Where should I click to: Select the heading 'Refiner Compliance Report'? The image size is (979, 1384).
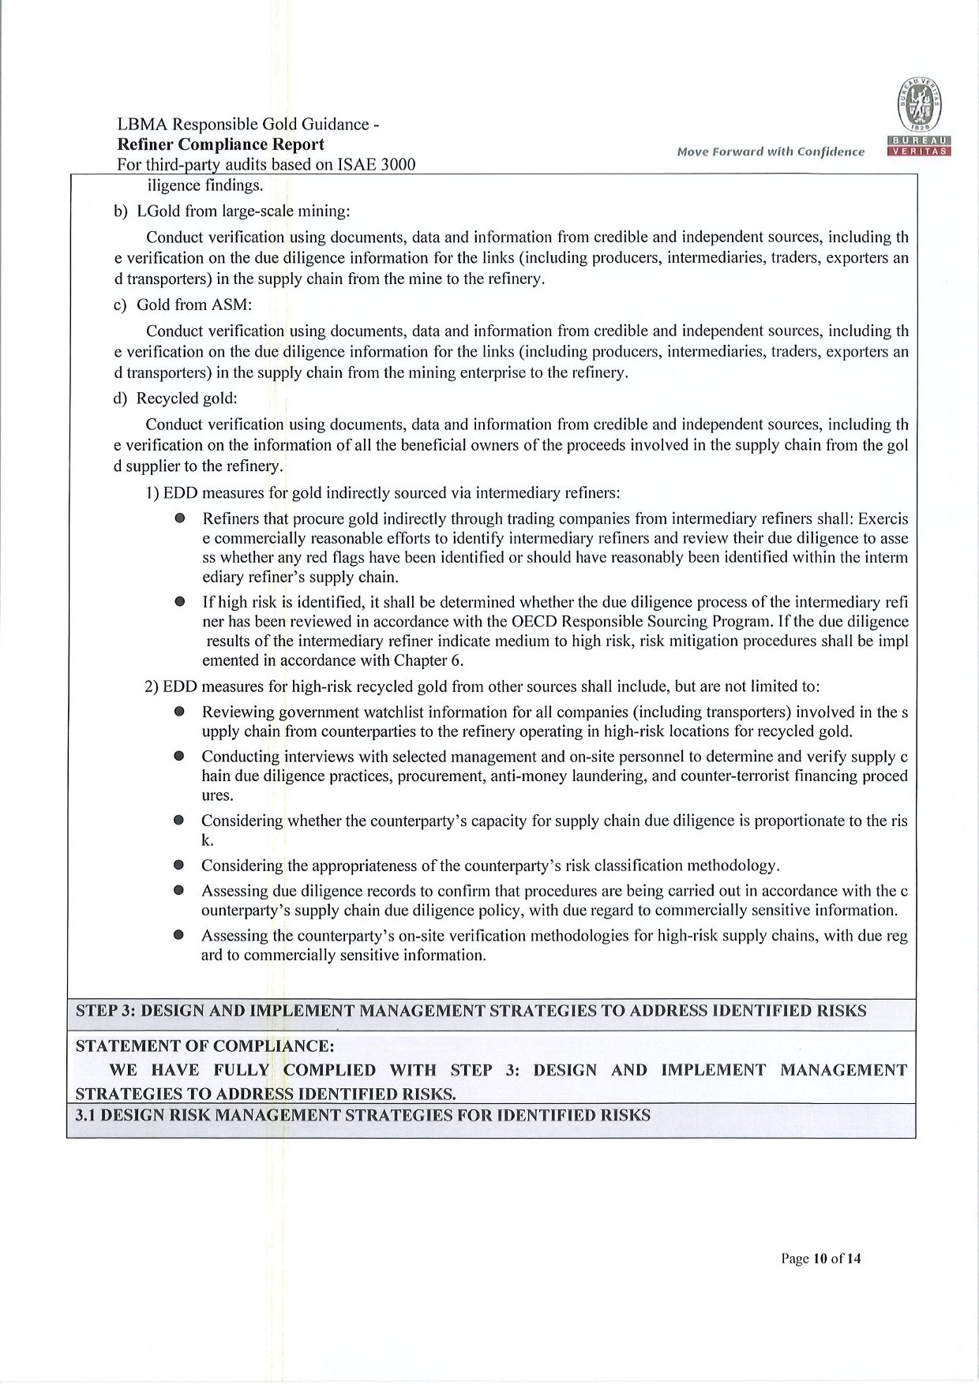coord(220,144)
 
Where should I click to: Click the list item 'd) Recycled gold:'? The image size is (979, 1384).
coord(175,398)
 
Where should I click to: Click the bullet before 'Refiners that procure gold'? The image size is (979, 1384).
coord(180,519)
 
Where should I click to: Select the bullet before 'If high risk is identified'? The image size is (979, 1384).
coord(180,601)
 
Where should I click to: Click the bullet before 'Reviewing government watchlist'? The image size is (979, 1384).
coord(180,712)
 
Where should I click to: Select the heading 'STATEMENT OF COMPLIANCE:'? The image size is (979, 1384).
coord(204,1046)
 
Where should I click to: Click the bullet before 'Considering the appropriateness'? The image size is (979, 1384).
coord(180,866)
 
